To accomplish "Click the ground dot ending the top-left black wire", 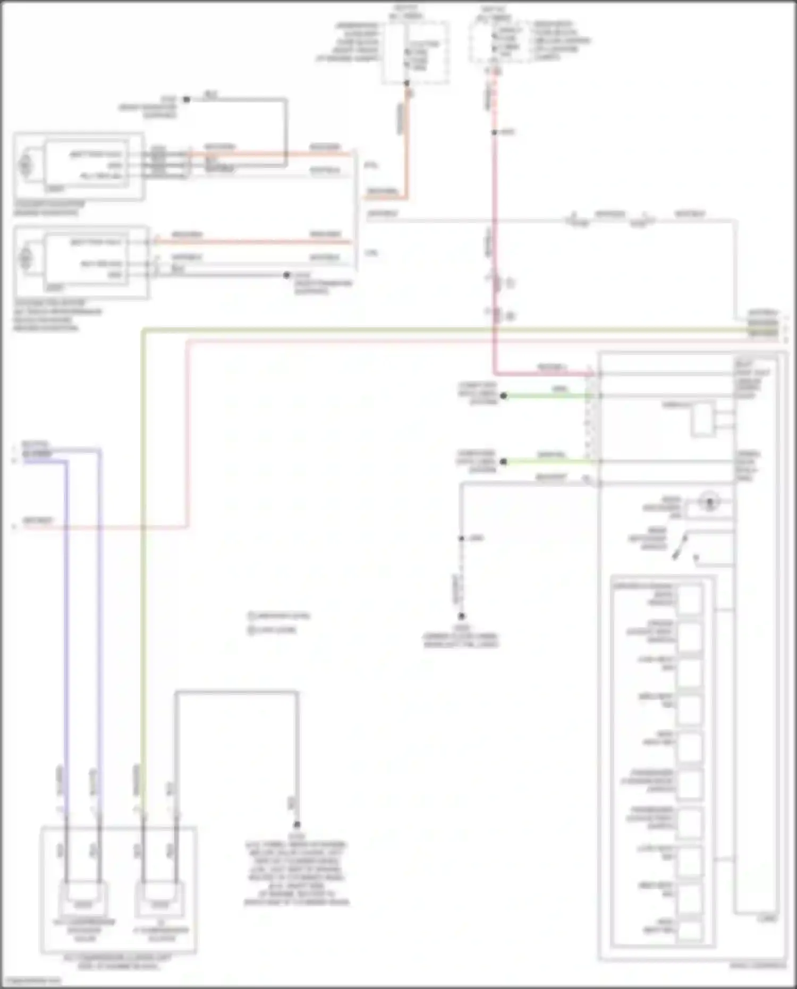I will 186,99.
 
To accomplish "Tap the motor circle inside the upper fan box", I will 25,165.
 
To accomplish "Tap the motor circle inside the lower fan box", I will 25,259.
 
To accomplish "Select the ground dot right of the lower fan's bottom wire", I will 286,275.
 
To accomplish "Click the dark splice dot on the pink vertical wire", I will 494,132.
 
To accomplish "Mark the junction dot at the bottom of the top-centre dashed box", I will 406,83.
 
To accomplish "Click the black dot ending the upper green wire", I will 503,396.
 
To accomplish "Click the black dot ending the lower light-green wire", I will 503,462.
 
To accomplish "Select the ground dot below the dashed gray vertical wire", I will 462,616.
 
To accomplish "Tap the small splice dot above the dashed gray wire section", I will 462,539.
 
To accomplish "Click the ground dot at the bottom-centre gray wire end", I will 296,825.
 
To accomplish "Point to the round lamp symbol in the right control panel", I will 709,501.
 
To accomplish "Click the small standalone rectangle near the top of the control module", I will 703,419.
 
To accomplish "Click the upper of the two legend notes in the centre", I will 279,616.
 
